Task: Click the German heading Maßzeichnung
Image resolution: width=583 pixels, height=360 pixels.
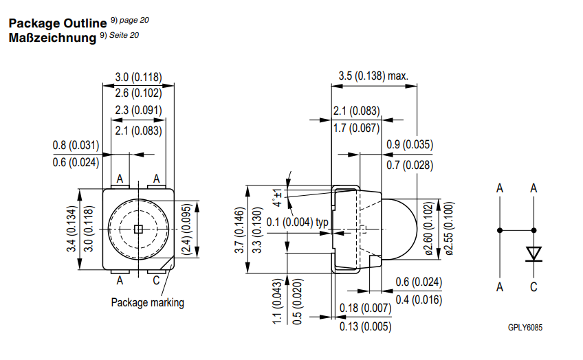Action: click(52, 37)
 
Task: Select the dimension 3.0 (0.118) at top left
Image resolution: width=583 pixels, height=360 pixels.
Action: click(137, 77)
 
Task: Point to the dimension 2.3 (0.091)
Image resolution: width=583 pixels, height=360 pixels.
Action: click(137, 110)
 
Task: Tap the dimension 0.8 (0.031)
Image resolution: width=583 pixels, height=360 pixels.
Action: click(76, 145)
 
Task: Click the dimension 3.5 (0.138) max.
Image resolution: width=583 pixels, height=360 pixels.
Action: click(373, 76)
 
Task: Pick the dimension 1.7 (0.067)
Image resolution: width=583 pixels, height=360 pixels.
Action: click(356, 128)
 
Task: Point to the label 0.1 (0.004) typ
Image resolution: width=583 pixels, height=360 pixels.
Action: click(296, 222)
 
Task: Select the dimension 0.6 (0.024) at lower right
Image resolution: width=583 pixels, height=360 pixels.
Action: click(418, 282)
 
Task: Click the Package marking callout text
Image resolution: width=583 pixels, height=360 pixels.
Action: click(147, 302)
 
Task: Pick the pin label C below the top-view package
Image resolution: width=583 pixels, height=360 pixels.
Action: click(156, 280)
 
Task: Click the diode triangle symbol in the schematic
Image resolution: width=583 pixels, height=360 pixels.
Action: click(533, 254)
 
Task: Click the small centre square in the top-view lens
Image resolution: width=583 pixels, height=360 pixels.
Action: click(137, 229)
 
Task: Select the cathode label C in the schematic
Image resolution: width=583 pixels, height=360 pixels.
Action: click(533, 287)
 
